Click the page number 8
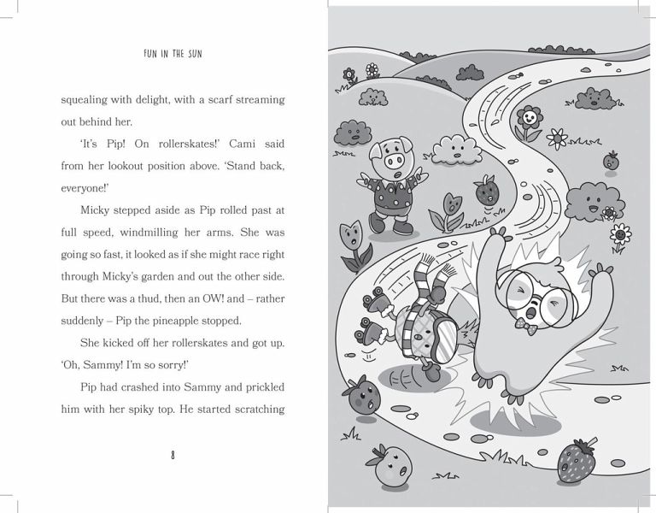(173, 455)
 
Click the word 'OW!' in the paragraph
(202, 298)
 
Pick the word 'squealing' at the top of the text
(88, 99)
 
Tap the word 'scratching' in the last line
(253, 410)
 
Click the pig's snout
(394, 161)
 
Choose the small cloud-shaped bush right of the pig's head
(457, 150)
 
